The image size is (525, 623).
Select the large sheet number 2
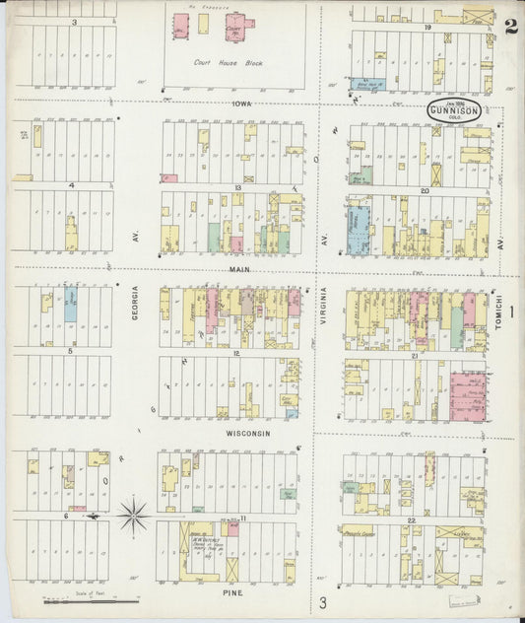511,27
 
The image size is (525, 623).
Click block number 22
412,519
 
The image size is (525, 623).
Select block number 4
71,184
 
